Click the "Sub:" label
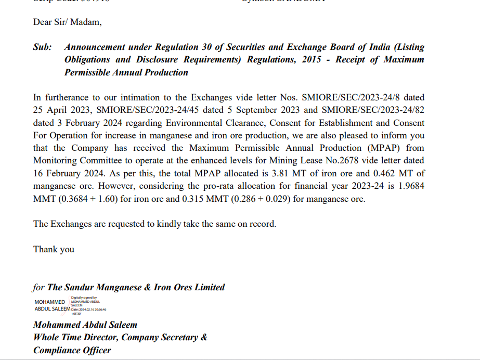(x=43, y=47)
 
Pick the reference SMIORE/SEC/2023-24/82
(x=372, y=110)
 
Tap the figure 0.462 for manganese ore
(x=383, y=173)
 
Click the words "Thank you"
(x=54, y=249)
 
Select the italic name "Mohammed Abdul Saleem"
(x=85, y=325)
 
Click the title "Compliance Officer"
(x=72, y=350)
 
